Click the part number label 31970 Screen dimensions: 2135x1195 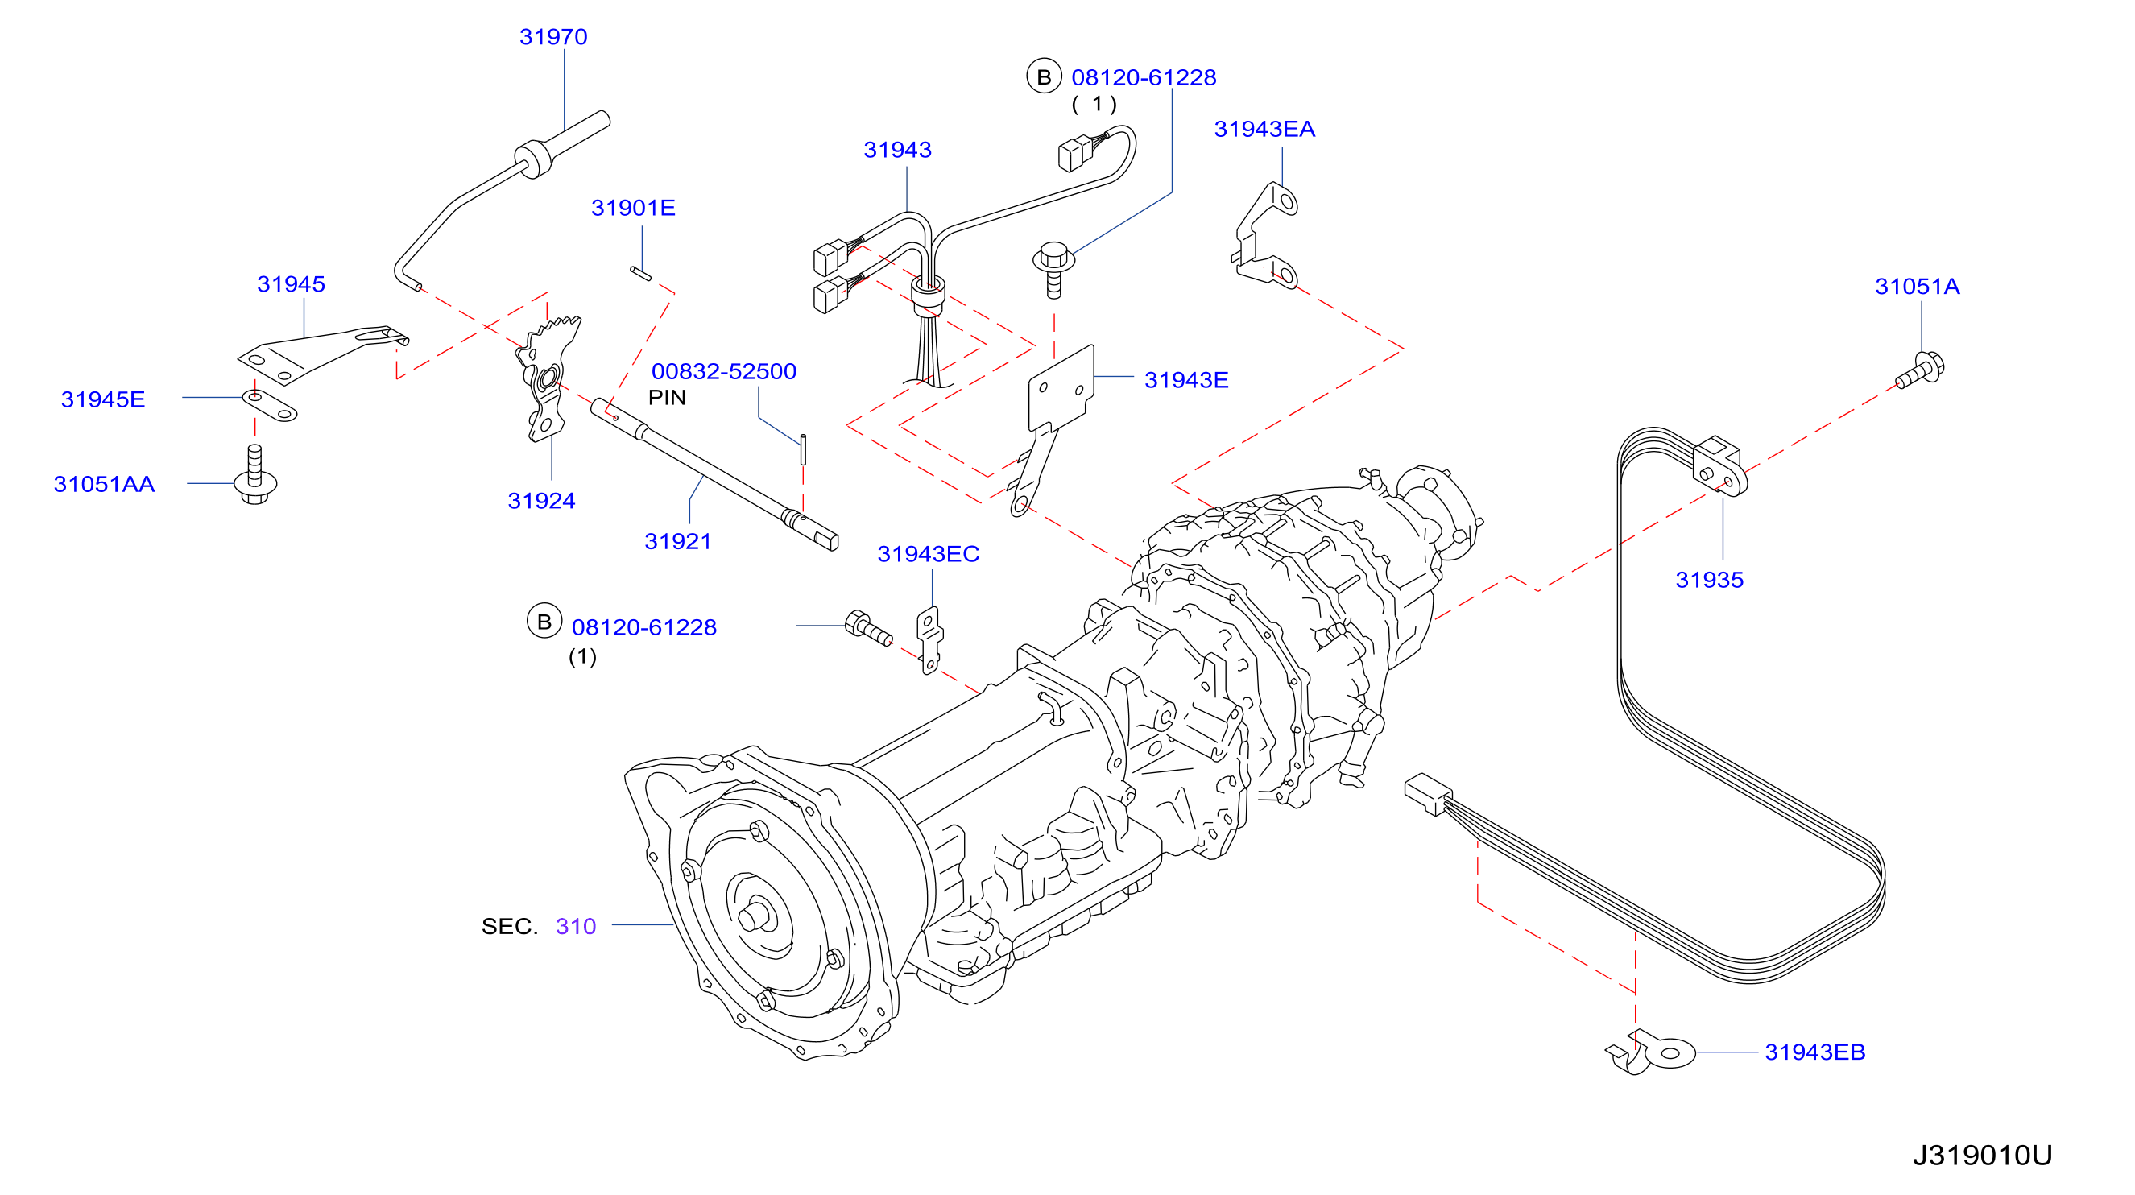(x=552, y=37)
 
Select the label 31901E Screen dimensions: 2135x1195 (x=633, y=208)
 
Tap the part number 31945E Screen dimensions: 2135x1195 (x=103, y=399)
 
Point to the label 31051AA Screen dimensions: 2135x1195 (x=105, y=484)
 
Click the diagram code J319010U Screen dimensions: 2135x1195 (x=1982, y=1156)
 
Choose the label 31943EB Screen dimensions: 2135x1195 (x=1815, y=1052)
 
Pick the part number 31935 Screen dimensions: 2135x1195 (x=1709, y=580)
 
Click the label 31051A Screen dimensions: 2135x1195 (x=1917, y=287)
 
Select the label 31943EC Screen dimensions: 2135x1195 (x=929, y=554)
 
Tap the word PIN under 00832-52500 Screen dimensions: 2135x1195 (x=667, y=398)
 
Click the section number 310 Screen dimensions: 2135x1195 (x=576, y=927)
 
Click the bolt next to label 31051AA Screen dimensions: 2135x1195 (x=255, y=475)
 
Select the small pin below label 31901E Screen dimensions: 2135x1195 (x=639, y=273)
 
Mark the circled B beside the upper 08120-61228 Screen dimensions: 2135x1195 (x=1044, y=77)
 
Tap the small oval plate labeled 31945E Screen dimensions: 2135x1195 (x=269, y=404)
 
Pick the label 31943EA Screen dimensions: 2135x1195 (x=1264, y=130)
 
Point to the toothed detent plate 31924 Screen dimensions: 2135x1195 (x=548, y=378)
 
